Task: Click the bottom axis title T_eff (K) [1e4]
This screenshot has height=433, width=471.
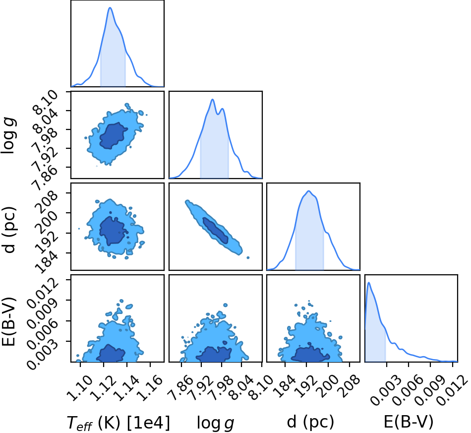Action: pyautogui.click(x=118, y=423)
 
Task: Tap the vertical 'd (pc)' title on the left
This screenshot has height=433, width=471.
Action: pyautogui.click(x=9, y=230)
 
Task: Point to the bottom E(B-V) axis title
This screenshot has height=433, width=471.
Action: pyautogui.click(x=409, y=422)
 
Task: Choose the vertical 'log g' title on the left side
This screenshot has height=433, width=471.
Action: pyautogui.click(x=9, y=136)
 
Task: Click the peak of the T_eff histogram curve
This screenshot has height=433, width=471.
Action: pyautogui.click(x=110, y=7)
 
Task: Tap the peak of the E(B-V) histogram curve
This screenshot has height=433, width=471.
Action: pyautogui.click(x=368, y=282)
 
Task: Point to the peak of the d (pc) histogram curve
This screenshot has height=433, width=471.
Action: pyautogui.click(x=308, y=191)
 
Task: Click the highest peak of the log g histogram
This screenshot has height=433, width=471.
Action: pyautogui.click(x=213, y=99)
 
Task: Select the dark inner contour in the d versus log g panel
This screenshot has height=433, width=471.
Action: pyautogui.click(x=215, y=230)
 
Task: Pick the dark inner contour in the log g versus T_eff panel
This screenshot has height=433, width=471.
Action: pyautogui.click(x=113, y=135)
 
